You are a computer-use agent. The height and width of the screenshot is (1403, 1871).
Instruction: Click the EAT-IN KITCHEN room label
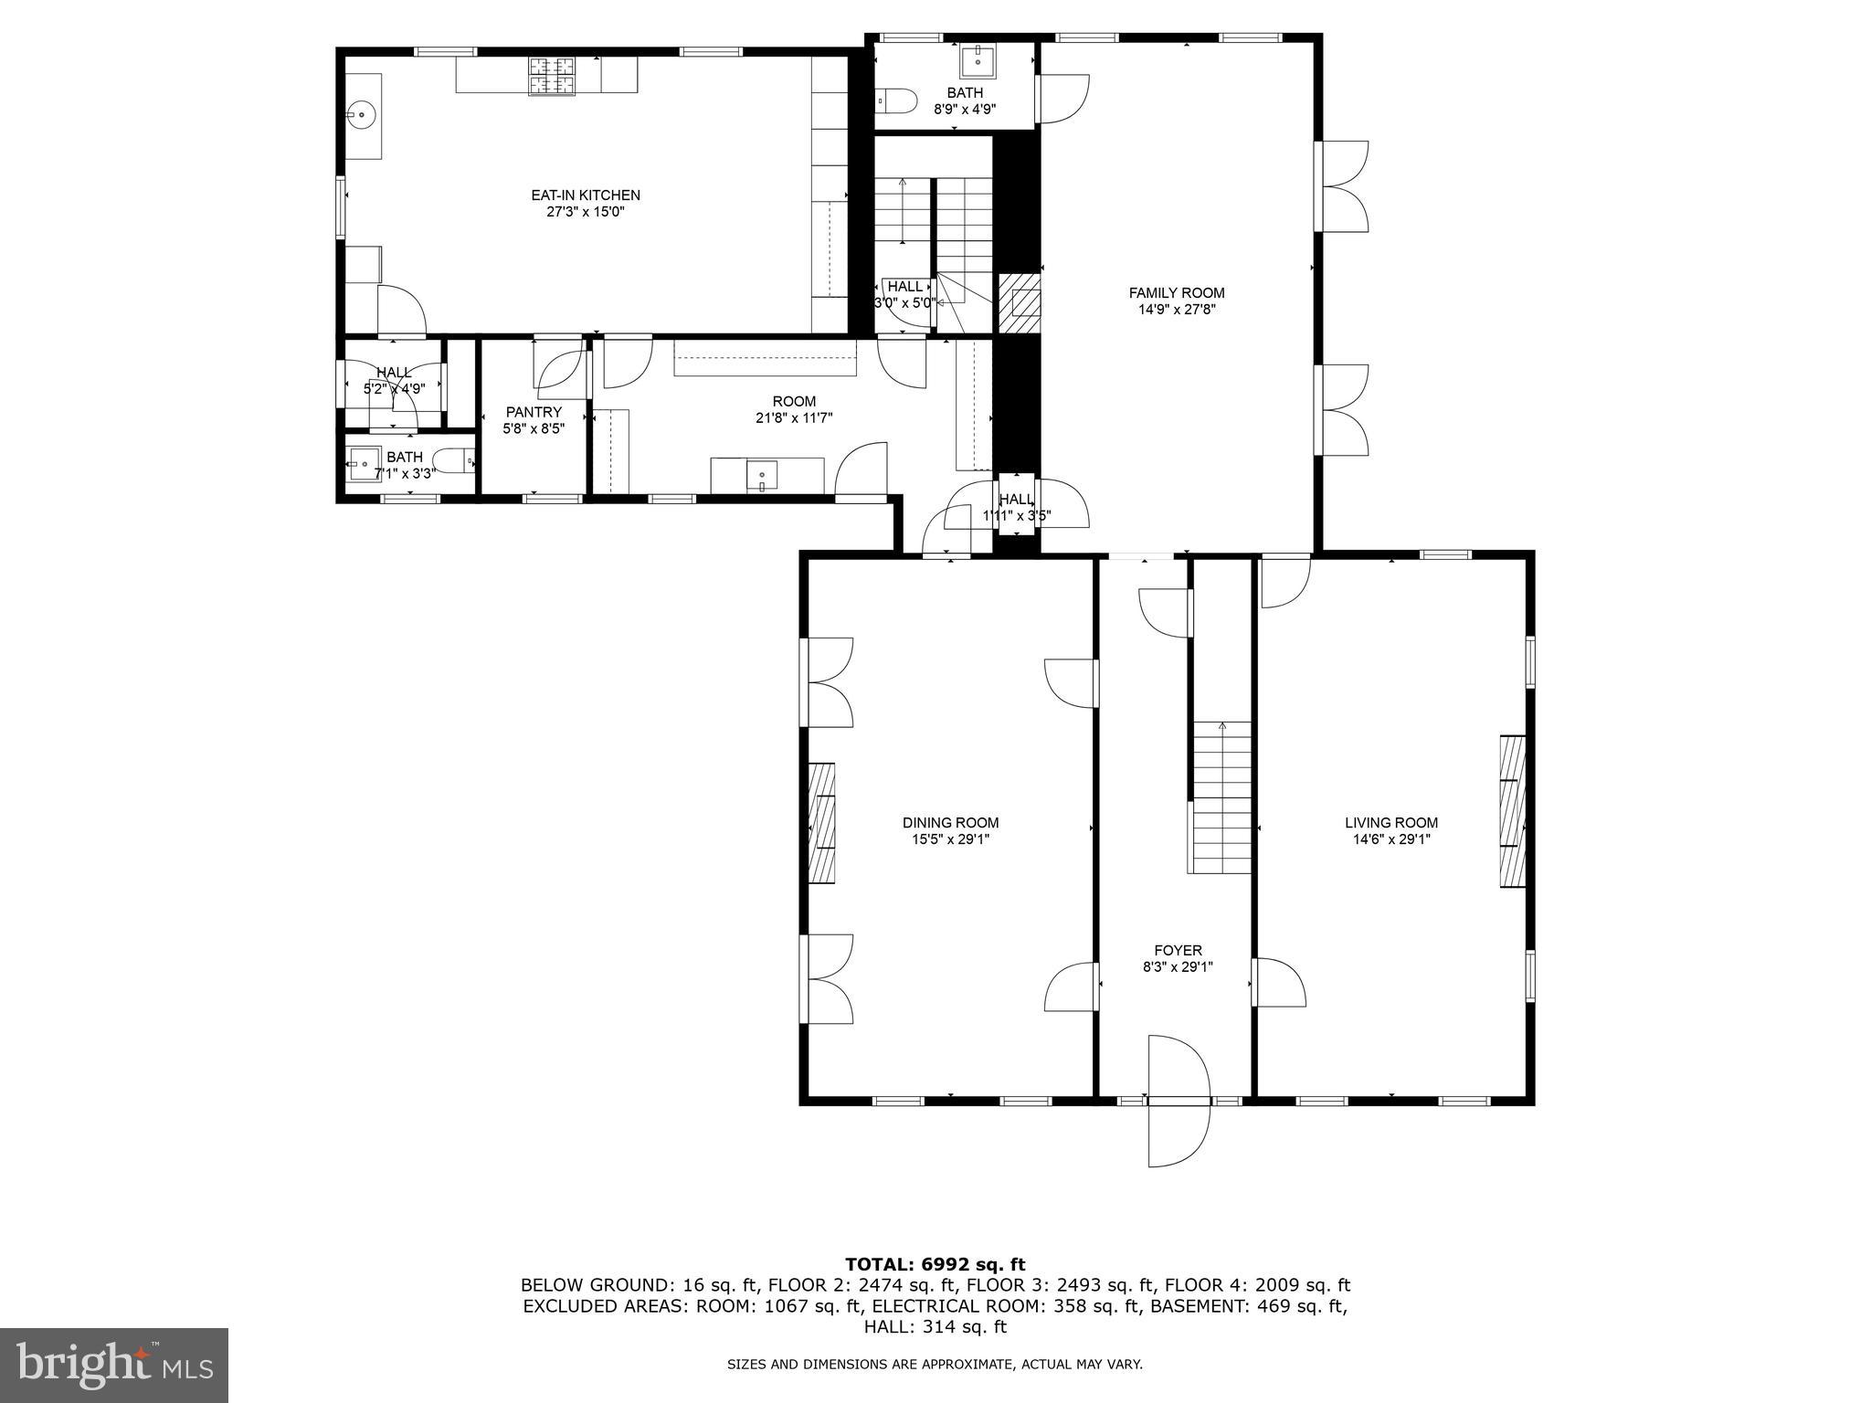(x=586, y=195)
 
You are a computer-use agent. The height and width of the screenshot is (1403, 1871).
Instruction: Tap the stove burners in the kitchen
(x=552, y=76)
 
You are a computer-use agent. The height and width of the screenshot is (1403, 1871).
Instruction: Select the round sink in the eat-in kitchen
(x=362, y=115)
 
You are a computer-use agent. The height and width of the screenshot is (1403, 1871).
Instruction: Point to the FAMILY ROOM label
(x=1177, y=293)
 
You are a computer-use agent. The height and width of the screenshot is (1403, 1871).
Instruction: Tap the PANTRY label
(x=534, y=412)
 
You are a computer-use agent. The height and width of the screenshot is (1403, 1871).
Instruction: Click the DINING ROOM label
(x=950, y=822)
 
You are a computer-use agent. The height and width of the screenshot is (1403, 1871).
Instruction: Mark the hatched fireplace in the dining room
(x=822, y=823)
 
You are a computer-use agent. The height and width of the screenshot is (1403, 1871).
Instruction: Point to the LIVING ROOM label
(x=1390, y=822)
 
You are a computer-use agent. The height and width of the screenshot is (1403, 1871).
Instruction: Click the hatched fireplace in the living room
(x=1512, y=810)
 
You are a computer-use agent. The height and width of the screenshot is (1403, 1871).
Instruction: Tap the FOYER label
(x=1178, y=950)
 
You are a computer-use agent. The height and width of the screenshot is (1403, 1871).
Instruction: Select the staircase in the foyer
(x=1221, y=797)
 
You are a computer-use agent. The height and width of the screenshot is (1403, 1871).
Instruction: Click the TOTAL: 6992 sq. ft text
(x=935, y=1264)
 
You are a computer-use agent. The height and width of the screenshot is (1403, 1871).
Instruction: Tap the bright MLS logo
(x=114, y=1365)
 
